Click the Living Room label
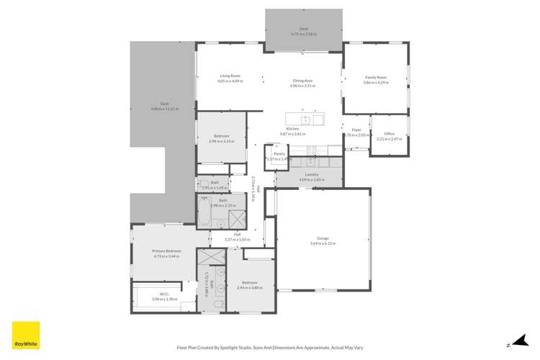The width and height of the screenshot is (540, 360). (230, 76)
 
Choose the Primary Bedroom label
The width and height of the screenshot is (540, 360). (167, 251)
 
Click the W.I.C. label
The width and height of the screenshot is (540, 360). (163, 294)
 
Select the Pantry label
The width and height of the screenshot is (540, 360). (279, 153)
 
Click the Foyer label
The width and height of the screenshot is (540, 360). (356, 130)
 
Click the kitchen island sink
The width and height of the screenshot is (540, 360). (305, 120)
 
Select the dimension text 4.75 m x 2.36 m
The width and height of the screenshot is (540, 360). (304, 34)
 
